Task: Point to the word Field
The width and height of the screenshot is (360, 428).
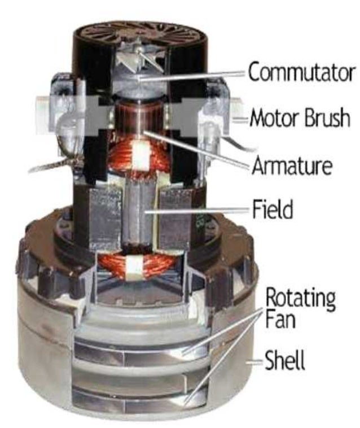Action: coord(273,211)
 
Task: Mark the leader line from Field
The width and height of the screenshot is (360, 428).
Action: coord(203,211)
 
